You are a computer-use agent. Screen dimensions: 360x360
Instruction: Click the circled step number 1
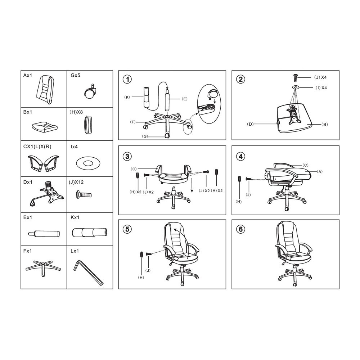127,80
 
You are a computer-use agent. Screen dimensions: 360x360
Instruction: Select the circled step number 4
240,157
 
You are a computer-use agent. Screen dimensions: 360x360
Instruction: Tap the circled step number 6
240,229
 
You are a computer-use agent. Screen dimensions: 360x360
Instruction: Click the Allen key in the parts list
89,273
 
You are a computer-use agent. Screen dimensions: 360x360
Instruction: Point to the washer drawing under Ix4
88,163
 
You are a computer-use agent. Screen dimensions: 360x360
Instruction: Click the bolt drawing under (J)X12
84,195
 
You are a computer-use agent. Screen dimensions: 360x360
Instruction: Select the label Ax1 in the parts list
28,76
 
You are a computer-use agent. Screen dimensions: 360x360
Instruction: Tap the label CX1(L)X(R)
37,147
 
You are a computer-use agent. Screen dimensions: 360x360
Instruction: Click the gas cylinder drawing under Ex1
44,234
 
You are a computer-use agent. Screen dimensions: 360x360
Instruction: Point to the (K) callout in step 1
127,97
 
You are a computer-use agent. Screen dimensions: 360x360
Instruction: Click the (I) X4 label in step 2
321,88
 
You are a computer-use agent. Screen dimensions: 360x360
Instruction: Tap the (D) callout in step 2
250,124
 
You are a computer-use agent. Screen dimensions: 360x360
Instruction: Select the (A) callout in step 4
320,171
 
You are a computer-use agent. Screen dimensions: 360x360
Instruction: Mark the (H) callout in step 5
141,277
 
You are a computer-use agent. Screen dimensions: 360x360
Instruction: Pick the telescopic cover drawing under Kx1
90,232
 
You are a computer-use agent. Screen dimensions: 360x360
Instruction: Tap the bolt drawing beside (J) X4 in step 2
295,78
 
